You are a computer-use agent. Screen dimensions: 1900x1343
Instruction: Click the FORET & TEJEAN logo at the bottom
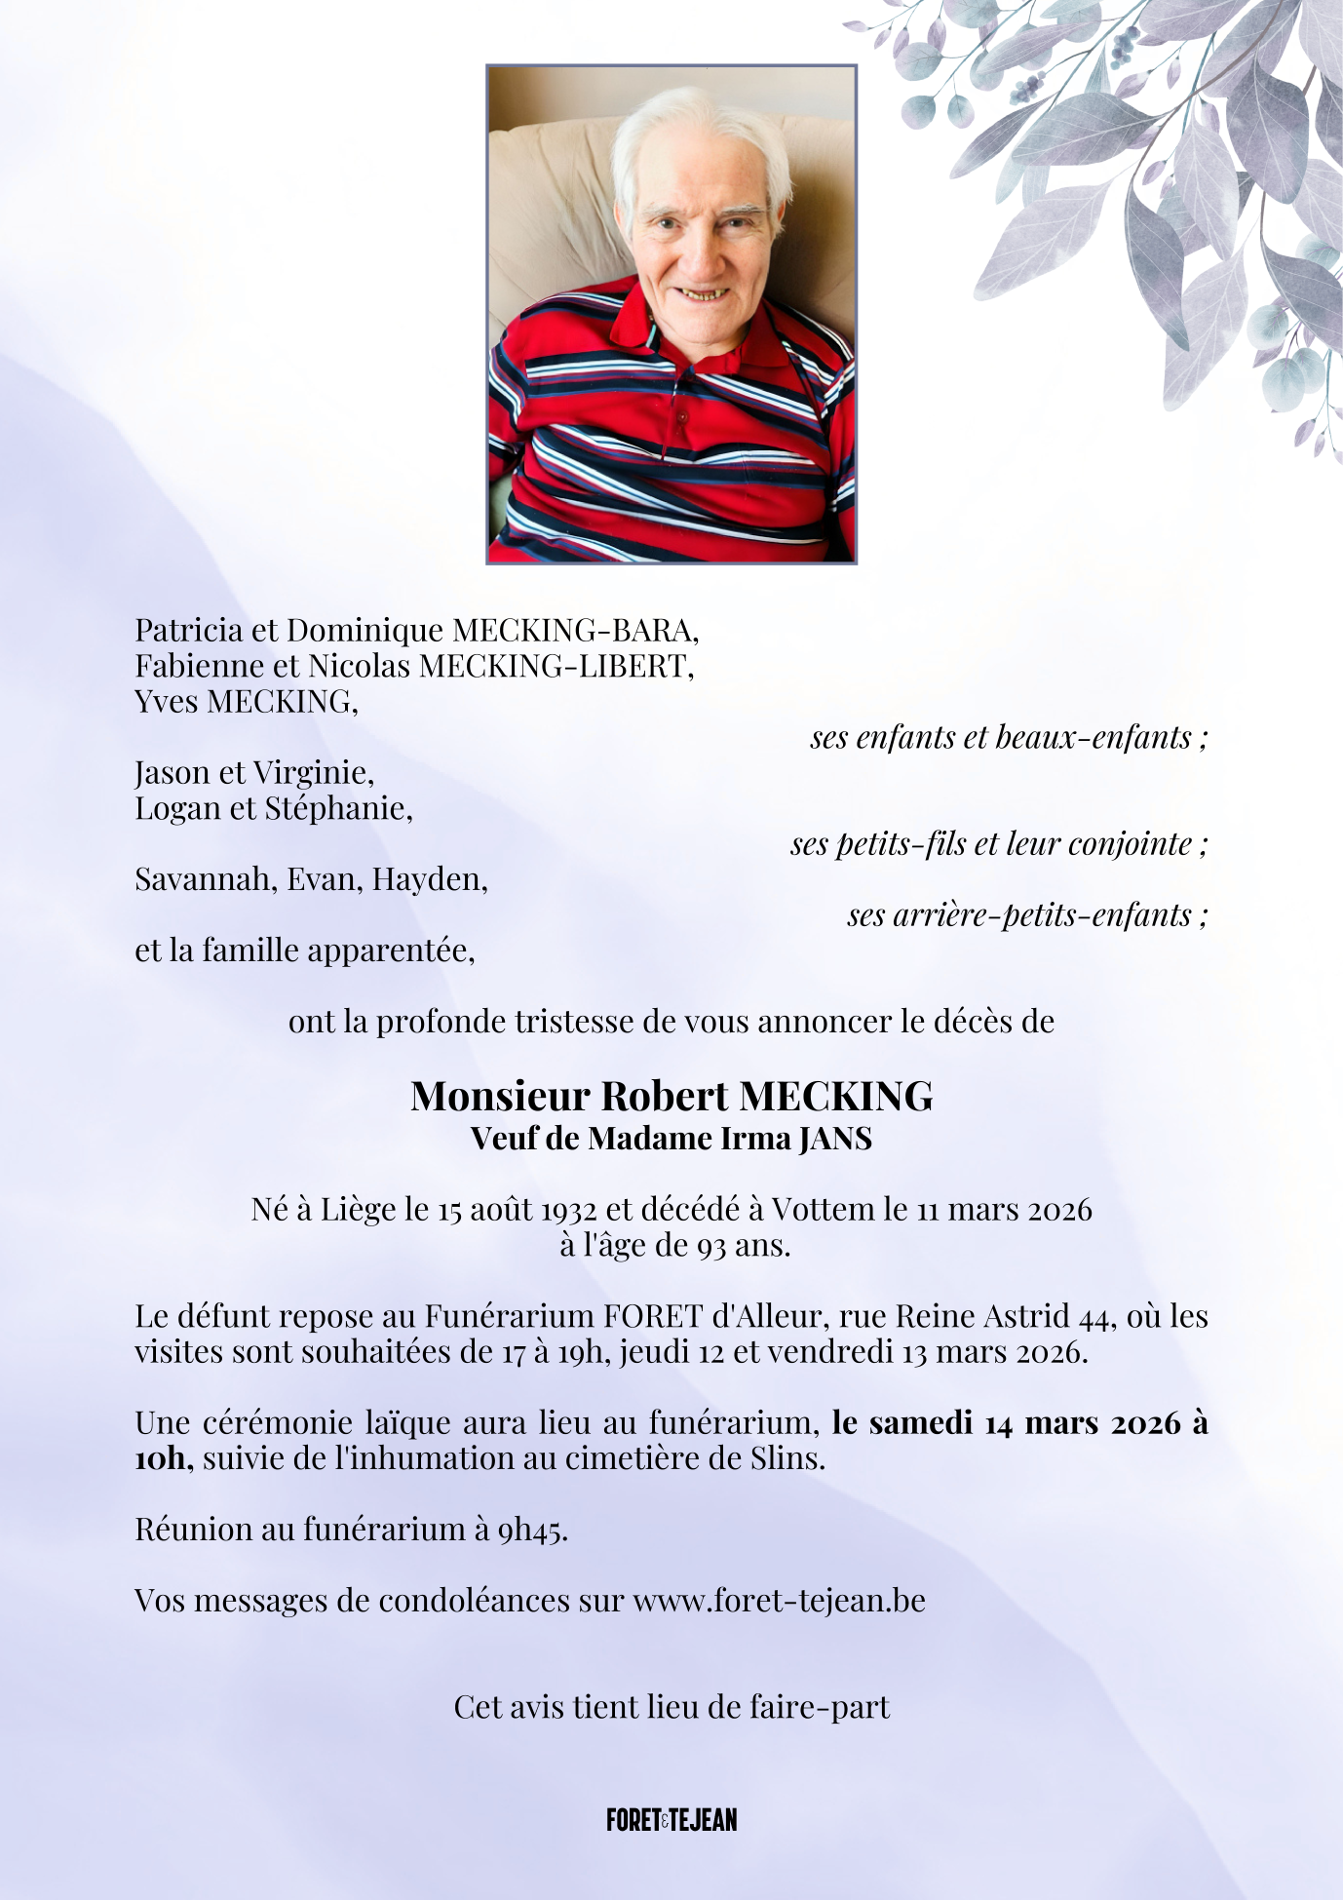point(671,1819)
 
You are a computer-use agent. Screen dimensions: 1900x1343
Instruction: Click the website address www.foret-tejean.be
point(779,1600)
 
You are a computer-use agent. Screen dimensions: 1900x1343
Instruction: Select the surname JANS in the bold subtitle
point(835,1138)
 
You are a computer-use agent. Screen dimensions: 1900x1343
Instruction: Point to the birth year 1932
point(568,1210)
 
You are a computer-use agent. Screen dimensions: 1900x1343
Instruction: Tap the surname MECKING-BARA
point(576,631)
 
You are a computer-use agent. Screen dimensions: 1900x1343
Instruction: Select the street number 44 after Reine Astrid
point(1096,1317)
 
